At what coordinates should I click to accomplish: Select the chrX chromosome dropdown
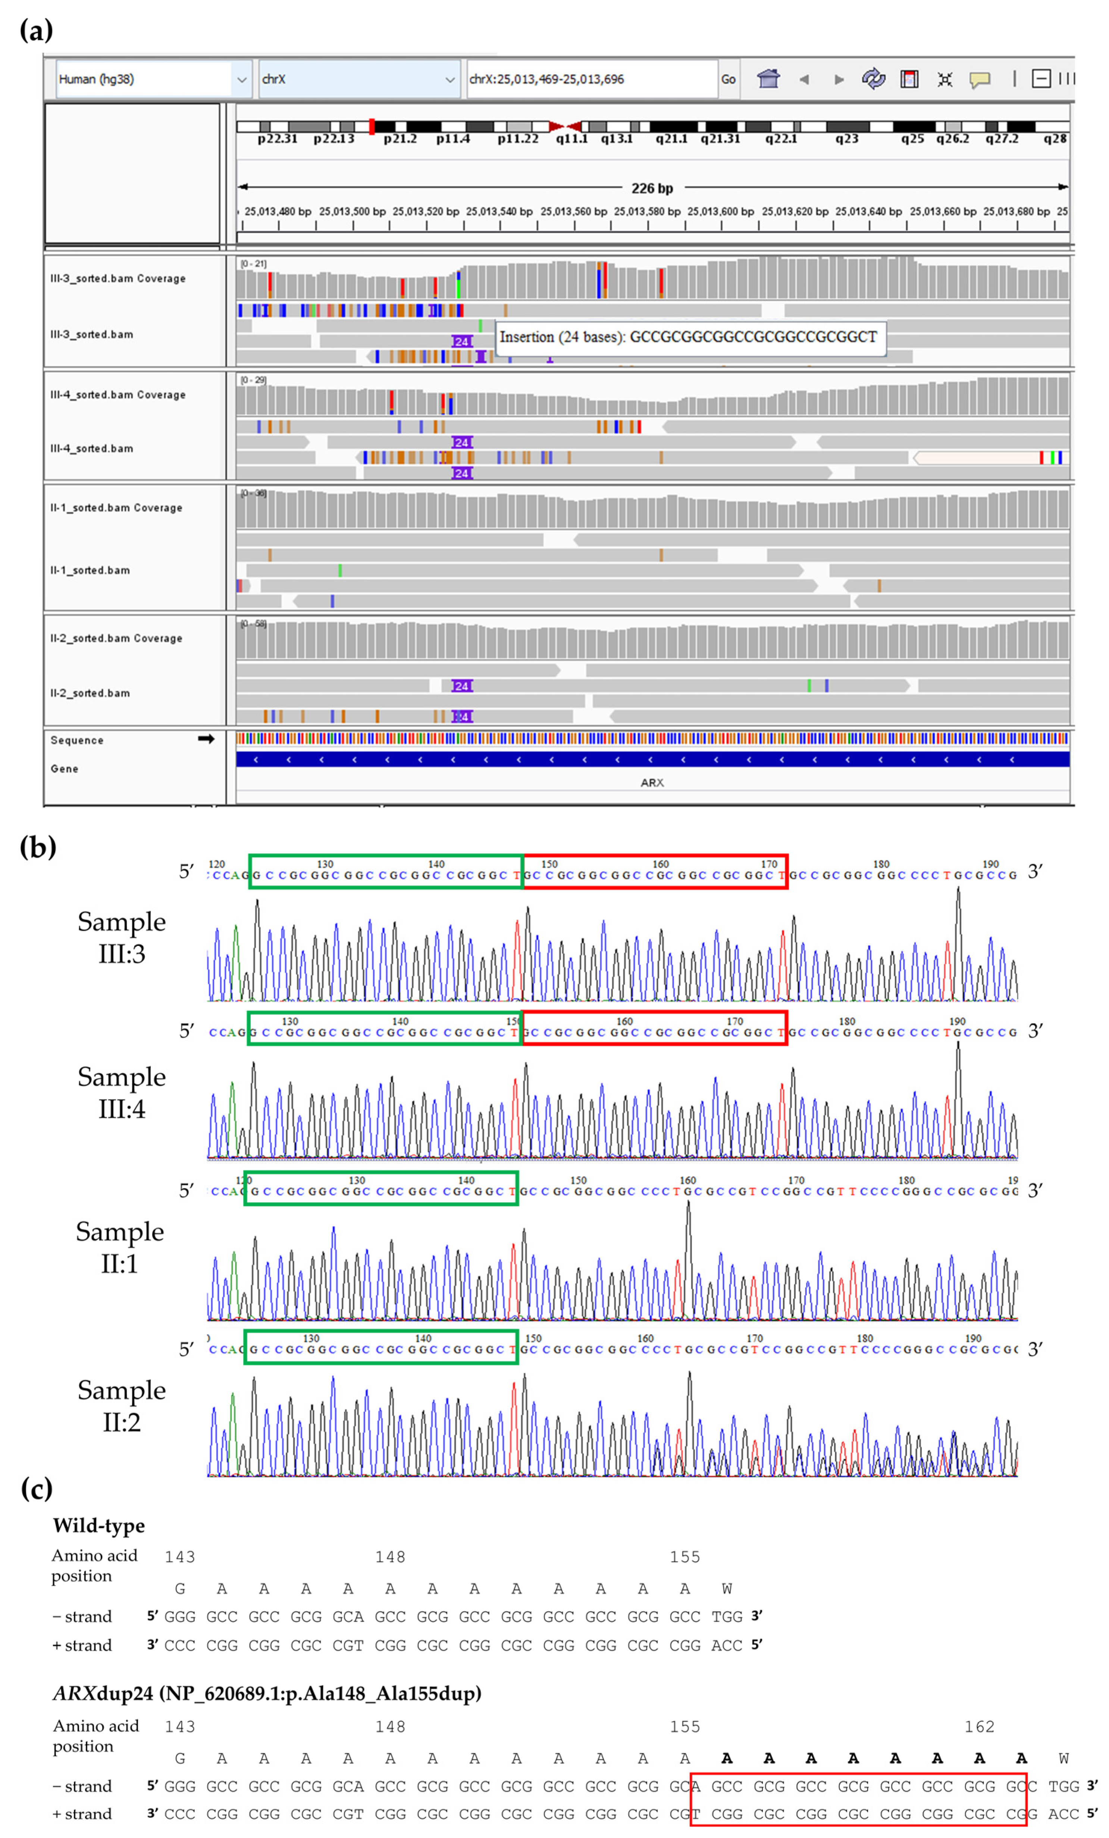click(x=358, y=79)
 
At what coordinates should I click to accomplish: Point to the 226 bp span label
click(x=652, y=188)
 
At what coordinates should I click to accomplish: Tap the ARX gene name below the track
click(x=652, y=782)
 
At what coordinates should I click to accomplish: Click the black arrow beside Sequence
click(x=206, y=738)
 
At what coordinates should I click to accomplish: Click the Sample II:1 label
click(x=119, y=1247)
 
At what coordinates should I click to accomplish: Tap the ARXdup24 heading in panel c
click(x=266, y=1693)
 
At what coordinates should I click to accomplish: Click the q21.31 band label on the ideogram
click(x=720, y=139)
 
